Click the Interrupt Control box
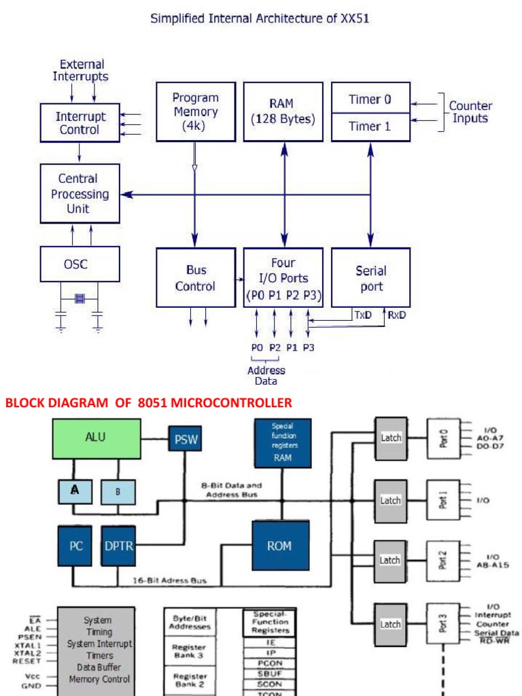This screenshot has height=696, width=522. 80,123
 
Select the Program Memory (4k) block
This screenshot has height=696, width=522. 196,111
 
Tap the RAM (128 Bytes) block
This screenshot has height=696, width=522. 283,111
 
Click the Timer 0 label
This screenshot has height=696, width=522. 370,99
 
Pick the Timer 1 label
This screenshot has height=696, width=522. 370,126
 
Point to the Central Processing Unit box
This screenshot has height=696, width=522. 80,194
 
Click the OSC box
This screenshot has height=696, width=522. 80,264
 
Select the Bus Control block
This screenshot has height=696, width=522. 196,278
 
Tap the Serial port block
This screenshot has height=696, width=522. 370,278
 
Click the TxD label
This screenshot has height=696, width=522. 362,315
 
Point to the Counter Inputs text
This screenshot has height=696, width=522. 470,112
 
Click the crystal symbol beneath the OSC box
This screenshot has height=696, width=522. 80,298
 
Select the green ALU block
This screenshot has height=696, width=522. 97,438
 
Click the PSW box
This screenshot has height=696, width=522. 186,440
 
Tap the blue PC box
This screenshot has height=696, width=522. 75,546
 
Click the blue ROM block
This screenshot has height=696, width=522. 279,546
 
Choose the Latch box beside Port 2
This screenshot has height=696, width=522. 390,561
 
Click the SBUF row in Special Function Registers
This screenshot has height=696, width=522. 269,673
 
